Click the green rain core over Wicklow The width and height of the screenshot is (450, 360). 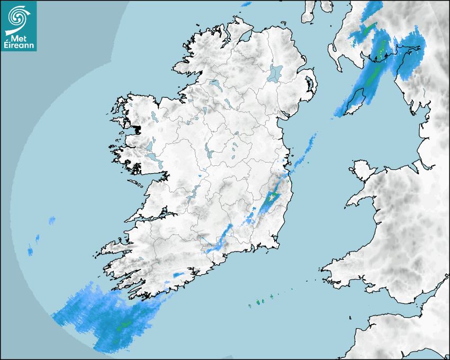(272, 197)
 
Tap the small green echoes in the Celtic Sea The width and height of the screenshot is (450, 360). (259, 302)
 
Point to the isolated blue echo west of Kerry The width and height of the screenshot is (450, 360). (52, 220)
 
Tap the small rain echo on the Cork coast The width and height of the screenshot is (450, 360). (178, 274)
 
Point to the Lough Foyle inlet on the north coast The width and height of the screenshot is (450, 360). (244, 37)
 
